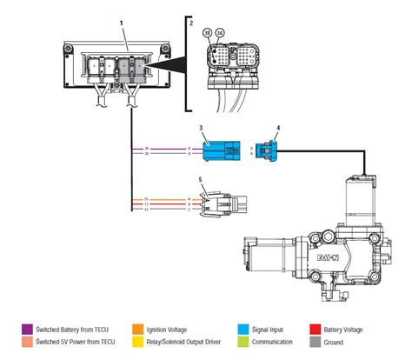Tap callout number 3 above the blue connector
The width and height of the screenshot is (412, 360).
point(201,128)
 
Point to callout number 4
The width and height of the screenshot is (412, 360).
point(277,129)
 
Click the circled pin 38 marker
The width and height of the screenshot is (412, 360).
point(208,32)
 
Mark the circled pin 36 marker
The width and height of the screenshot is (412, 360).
point(219,32)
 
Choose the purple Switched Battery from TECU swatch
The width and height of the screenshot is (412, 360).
point(27,330)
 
